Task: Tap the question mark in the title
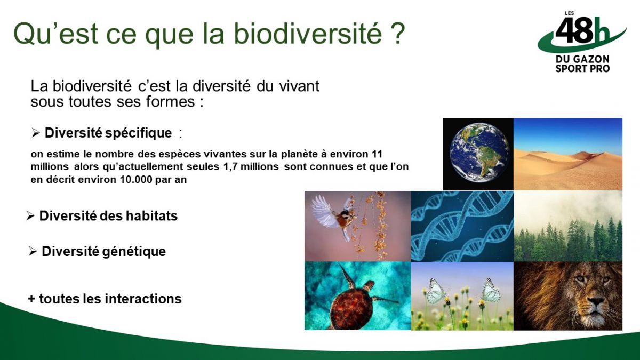pos(398,34)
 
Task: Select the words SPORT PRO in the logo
pos(582,69)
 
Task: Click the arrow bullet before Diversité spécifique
pos(35,133)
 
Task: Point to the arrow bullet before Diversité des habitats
pos(30,215)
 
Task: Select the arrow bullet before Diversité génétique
pos(33,251)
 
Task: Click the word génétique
pos(134,252)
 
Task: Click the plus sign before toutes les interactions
pos(31,299)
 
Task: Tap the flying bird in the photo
pos(334,216)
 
